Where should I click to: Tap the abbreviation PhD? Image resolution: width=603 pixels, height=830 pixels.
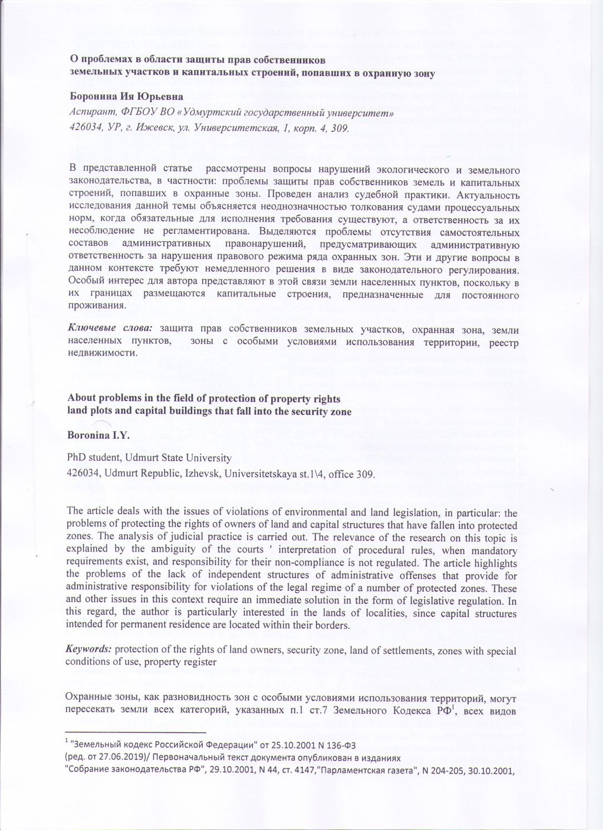(76, 458)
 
